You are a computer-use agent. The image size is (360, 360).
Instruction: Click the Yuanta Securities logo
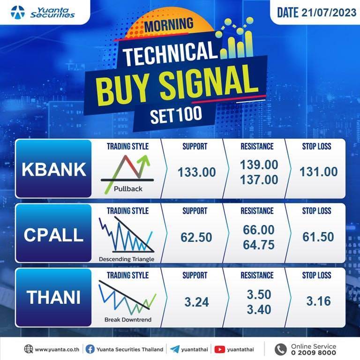[x=43, y=12]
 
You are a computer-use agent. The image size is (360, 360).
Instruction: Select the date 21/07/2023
[x=329, y=13]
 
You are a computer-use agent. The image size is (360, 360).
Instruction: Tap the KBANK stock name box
[x=54, y=169]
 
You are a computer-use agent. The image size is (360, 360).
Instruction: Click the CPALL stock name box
[x=54, y=233]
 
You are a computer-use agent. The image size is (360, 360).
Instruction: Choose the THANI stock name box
[x=54, y=298]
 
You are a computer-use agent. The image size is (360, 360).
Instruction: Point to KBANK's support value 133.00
[x=197, y=172]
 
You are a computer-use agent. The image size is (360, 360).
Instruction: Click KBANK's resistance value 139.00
[x=259, y=165]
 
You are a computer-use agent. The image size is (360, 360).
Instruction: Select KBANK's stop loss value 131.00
[x=319, y=172]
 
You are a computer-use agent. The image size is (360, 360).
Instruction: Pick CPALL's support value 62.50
[x=196, y=237]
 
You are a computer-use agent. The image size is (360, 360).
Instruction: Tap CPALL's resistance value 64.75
[x=259, y=245]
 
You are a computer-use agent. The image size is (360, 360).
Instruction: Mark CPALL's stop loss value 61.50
[x=318, y=237]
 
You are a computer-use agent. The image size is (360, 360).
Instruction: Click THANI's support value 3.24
[x=197, y=302]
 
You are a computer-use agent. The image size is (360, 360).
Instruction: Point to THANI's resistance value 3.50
[x=259, y=294]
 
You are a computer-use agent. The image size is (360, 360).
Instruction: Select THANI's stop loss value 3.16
[x=319, y=301]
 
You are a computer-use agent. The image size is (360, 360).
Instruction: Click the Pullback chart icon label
[x=128, y=189]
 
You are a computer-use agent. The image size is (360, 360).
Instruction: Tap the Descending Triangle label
[x=127, y=259]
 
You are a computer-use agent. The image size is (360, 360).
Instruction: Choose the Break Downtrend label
[x=128, y=320]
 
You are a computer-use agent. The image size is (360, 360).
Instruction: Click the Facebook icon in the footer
[x=90, y=349]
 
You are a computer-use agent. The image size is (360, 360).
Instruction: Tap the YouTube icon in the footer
[x=219, y=349]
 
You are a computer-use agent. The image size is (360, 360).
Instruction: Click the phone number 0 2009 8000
[x=314, y=352]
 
